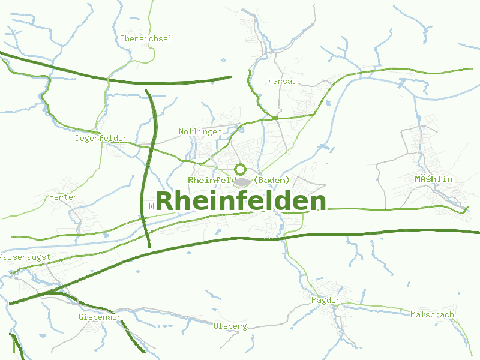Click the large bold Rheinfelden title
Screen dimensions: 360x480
pyautogui.click(x=241, y=202)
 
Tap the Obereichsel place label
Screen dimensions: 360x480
pyautogui.click(x=146, y=39)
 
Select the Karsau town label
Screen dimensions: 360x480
pyautogui.click(x=283, y=81)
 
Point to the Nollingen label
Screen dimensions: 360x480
pyautogui.click(x=200, y=132)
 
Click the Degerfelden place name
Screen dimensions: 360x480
pyautogui.click(x=101, y=139)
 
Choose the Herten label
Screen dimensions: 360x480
pyautogui.click(x=64, y=197)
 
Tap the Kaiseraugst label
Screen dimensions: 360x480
pyautogui.click(x=25, y=257)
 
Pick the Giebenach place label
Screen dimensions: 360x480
pyautogui.click(x=100, y=317)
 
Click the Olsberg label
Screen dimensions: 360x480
pyautogui.click(x=230, y=326)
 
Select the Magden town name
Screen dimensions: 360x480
pyautogui.click(x=326, y=300)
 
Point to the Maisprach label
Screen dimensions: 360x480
pyautogui.click(x=432, y=314)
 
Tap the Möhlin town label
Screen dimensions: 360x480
pyautogui.click(x=433, y=179)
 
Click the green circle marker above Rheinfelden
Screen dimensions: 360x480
pyautogui.click(x=241, y=169)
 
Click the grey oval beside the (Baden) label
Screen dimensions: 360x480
pyautogui.click(x=242, y=181)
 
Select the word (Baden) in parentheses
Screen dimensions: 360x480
pyautogui.click(x=272, y=180)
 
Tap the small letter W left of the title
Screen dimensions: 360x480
pyautogui.click(x=151, y=206)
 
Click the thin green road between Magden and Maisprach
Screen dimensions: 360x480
pyautogui.click(x=378, y=307)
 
